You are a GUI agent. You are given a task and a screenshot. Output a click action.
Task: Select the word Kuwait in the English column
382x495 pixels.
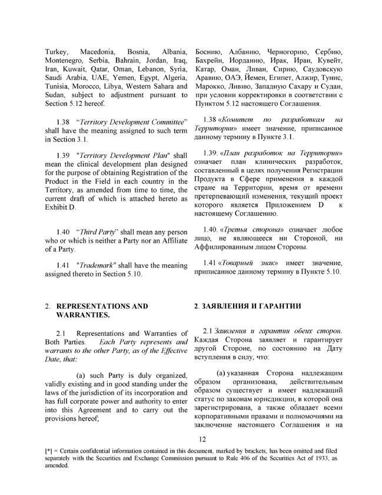(75, 76)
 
